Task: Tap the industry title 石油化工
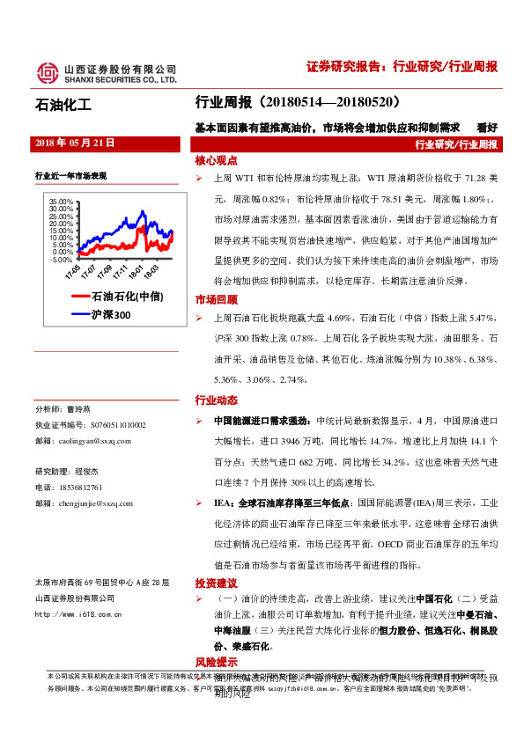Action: point(63,107)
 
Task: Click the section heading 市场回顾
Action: point(216,300)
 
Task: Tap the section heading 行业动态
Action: point(216,400)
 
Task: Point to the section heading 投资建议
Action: point(216,583)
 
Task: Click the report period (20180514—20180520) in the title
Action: point(328,102)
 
